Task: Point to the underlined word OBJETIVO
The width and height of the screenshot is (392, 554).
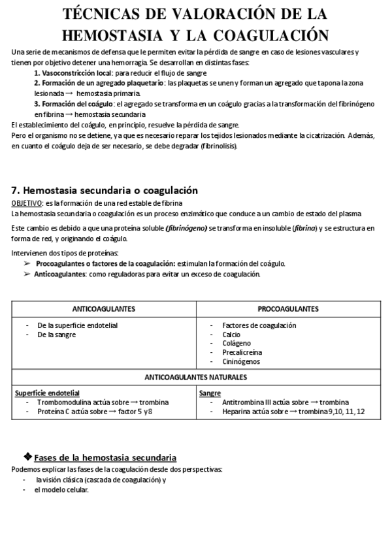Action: tap(27, 204)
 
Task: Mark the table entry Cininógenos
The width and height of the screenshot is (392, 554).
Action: tap(241, 361)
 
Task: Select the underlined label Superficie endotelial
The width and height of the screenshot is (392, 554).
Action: tap(47, 393)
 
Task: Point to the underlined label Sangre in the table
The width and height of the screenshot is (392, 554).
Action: tap(210, 393)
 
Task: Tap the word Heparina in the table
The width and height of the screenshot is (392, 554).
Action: tap(238, 411)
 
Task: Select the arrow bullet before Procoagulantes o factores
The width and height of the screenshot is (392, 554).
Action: tap(27, 263)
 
